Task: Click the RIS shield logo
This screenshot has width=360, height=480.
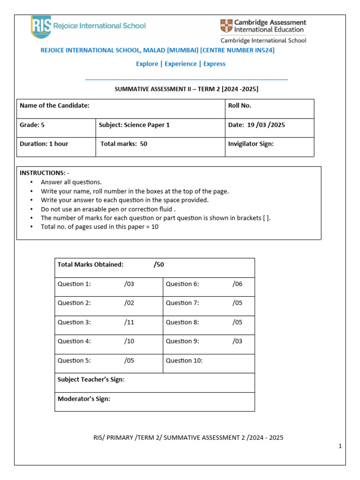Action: click(x=41, y=27)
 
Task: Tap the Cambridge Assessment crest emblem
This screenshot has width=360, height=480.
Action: click(x=225, y=26)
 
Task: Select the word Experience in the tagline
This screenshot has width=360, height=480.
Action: click(x=180, y=64)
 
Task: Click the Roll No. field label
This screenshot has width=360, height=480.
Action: click(x=240, y=105)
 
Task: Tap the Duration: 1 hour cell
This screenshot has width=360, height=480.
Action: click(x=44, y=144)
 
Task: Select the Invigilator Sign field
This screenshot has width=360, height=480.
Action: click(x=251, y=144)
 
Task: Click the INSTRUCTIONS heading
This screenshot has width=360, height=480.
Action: click(x=44, y=173)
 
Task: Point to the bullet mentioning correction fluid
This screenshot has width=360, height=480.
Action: click(x=107, y=209)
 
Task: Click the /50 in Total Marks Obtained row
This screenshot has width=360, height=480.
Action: click(x=159, y=264)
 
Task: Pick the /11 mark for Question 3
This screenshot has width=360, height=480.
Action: click(x=129, y=322)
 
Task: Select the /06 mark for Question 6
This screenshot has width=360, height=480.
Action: click(x=237, y=284)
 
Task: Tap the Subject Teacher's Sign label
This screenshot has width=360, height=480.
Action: click(x=91, y=380)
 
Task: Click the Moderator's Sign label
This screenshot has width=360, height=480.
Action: click(x=84, y=399)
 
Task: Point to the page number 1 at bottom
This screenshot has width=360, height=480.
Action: click(x=340, y=447)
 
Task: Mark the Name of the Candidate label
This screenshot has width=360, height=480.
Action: click(x=54, y=105)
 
